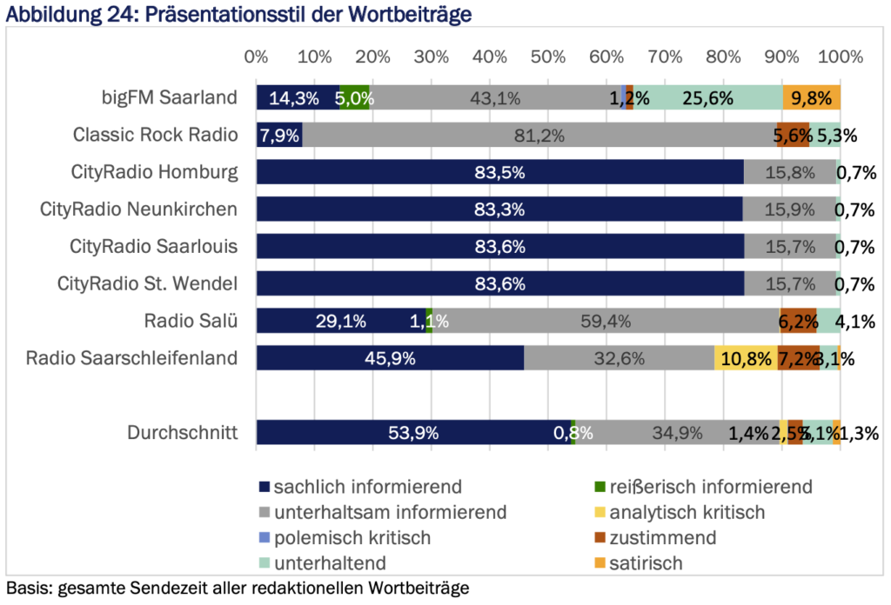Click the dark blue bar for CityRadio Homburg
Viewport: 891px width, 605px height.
[499, 172]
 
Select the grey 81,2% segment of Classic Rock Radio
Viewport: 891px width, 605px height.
[539, 135]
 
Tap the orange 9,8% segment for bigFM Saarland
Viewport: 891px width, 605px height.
[811, 97]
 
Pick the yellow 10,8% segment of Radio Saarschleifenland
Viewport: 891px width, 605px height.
[746, 358]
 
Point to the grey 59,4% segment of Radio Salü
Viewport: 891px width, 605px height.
[606, 321]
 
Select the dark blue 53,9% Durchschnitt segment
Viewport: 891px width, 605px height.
[413, 433]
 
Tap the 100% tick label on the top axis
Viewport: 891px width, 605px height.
[840, 57]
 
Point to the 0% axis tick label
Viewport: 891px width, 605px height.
[256, 57]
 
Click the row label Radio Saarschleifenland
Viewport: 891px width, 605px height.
[131, 358]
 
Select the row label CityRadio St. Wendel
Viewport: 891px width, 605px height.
[147, 283]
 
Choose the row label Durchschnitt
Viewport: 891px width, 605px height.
[182, 433]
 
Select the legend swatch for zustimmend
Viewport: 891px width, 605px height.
[597, 538]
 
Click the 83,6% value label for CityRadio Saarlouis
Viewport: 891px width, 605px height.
[499, 247]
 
